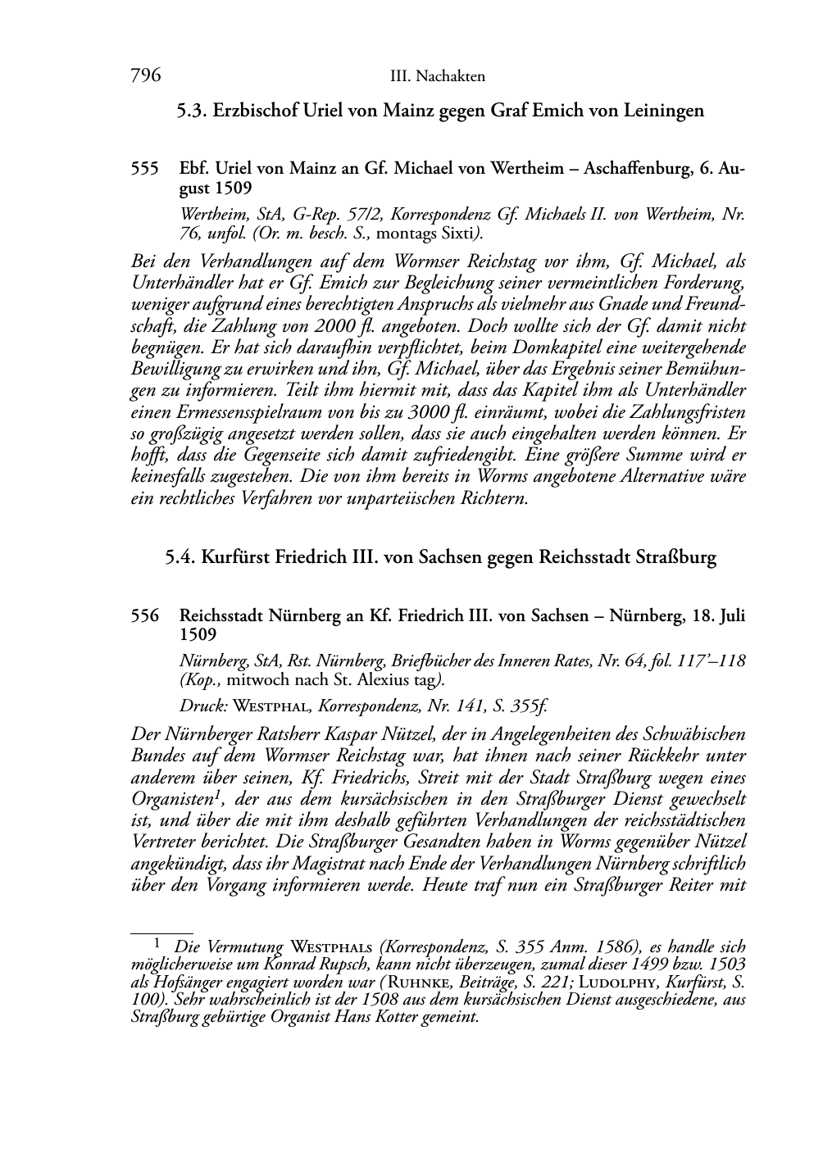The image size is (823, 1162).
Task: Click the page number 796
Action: point(144,76)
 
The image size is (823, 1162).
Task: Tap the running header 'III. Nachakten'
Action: point(438,77)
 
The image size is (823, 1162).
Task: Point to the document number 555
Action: point(144,169)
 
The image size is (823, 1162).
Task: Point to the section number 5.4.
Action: point(180,558)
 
